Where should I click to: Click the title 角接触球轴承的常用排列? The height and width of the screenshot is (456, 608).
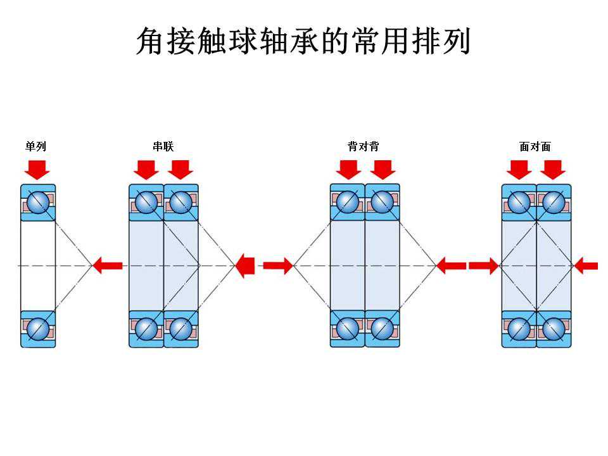point(303,42)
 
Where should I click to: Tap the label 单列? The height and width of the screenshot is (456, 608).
point(35,147)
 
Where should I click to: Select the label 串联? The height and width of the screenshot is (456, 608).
point(163,147)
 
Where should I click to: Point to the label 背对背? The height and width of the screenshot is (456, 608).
point(364,147)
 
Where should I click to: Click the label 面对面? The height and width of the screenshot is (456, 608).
point(535,147)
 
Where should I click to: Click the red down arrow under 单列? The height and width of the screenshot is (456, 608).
point(37,169)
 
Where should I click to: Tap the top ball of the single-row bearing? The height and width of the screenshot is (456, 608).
point(38,203)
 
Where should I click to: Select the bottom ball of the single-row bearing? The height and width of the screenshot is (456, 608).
point(38,329)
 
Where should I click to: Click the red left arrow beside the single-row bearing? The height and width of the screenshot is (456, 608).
point(108,265)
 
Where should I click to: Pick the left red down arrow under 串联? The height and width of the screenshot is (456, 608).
point(147,169)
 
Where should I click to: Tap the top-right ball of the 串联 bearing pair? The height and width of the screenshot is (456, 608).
point(180,203)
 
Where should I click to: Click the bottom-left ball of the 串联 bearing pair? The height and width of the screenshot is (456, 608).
point(146,329)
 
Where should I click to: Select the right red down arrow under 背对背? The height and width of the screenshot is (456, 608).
point(383,169)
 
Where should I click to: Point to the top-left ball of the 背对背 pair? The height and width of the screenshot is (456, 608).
point(348,203)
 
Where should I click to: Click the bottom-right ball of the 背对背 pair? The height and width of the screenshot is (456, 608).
point(383,329)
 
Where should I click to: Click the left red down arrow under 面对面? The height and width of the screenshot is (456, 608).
point(519,169)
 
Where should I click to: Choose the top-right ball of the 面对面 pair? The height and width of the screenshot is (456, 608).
point(554,203)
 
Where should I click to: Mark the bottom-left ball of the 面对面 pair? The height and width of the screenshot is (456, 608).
point(519,329)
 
